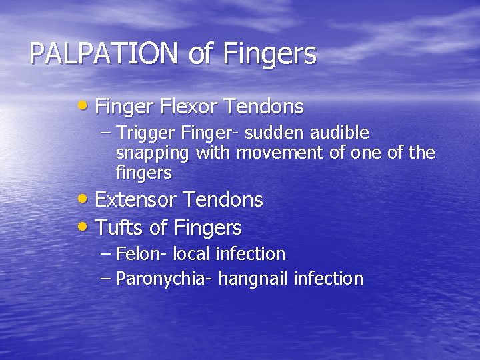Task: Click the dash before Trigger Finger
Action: coord(106,132)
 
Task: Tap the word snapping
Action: coord(153,154)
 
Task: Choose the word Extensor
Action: coord(137,200)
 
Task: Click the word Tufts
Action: coord(120,228)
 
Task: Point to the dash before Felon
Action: coord(106,254)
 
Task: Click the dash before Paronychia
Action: coord(106,278)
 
